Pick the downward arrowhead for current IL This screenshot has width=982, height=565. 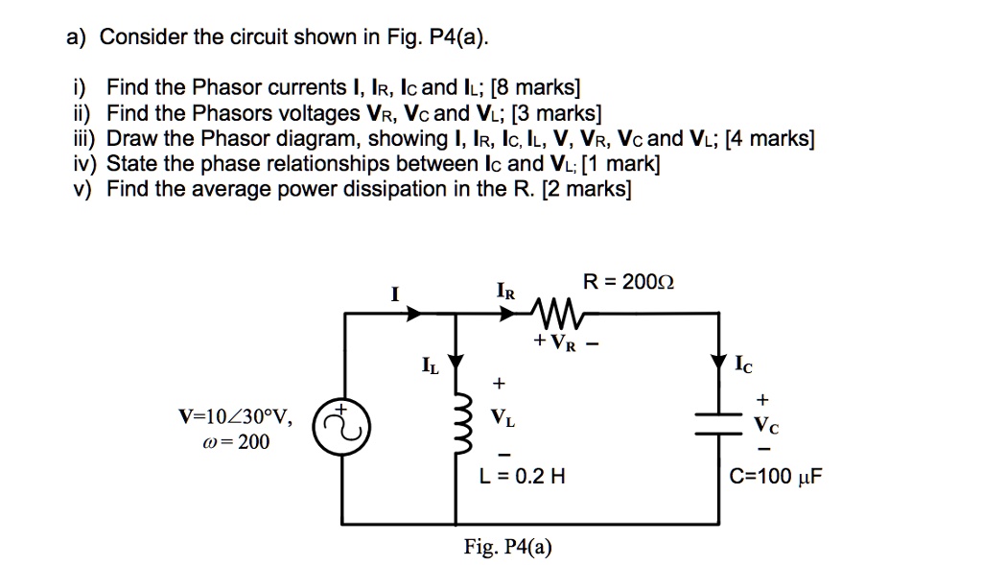455,361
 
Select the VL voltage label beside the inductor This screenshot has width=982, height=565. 501,417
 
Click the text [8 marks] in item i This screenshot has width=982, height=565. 536,89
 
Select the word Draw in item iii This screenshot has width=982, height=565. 129,139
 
